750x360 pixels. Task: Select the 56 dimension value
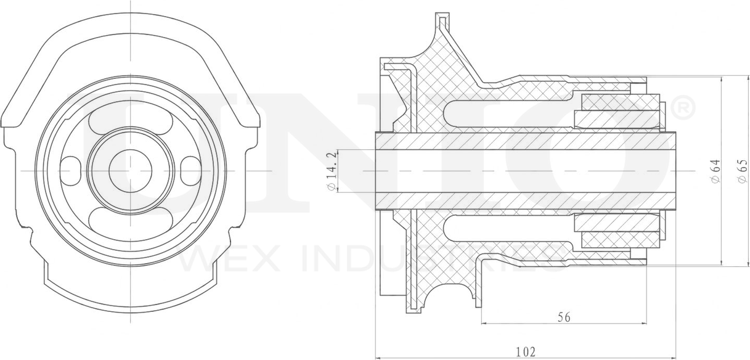[563, 317]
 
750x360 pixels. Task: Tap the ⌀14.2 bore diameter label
[332, 171]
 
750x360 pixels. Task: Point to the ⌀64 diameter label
[715, 171]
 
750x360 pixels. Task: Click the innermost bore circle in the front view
[130, 170]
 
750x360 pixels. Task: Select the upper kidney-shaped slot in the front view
[130, 121]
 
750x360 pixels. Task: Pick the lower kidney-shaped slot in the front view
[130, 219]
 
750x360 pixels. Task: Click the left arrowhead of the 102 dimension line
[378, 358]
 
